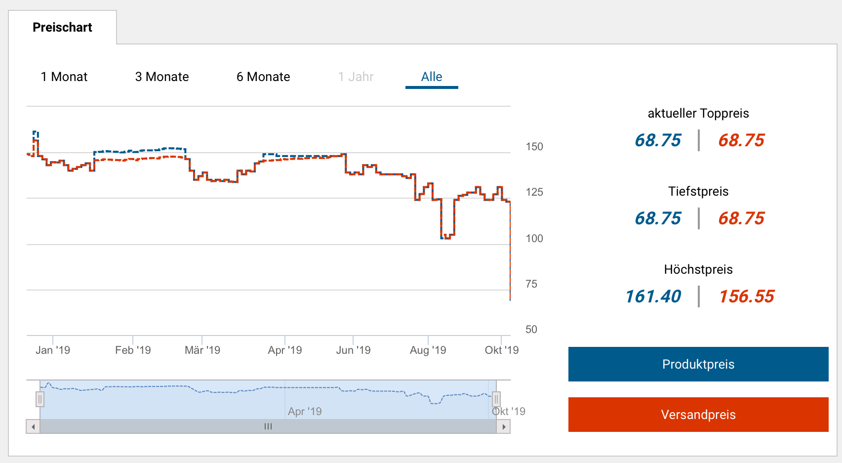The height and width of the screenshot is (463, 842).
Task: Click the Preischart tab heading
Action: pos(62,27)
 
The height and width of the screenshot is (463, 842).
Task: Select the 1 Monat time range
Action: pos(64,77)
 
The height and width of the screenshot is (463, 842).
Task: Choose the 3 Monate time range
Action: pos(162,77)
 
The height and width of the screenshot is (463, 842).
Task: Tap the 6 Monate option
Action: pos(263,77)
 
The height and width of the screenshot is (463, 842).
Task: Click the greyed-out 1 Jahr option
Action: pos(356,77)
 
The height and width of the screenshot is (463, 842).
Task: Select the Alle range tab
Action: pos(432,77)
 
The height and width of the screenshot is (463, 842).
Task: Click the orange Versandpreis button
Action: pos(698,415)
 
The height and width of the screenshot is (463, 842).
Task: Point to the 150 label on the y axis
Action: pos(534,147)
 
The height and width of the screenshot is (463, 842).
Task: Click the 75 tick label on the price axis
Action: pos(531,284)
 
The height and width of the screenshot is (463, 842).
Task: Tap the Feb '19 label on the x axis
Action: pos(133,350)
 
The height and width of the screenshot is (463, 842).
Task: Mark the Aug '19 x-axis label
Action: pos(428,350)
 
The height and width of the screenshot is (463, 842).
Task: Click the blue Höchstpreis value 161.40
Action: pos(653,296)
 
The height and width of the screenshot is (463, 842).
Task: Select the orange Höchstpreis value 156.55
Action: pos(747,296)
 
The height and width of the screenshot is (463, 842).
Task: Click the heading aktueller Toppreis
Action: pos(698,113)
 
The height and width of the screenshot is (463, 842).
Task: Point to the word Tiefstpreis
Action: pos(698,191)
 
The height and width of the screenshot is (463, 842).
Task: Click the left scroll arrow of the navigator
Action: pos(33,426)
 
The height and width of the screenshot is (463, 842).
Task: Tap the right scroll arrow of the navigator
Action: pos(503,426)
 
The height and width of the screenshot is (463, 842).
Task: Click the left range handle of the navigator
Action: pos(40,399)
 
